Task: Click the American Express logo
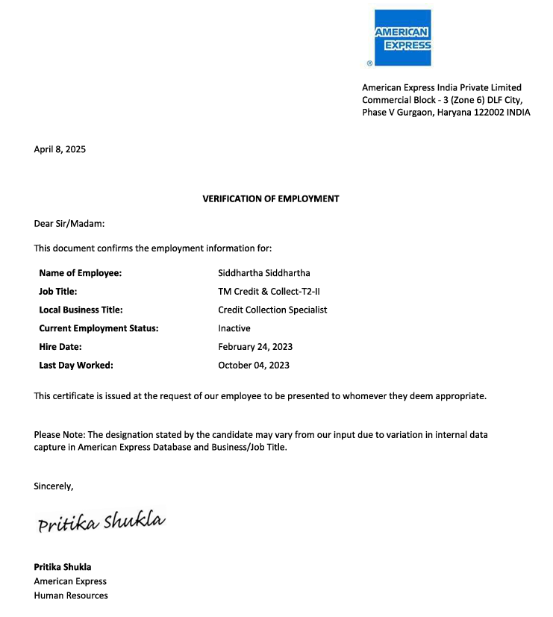[402, 38]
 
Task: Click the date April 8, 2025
[60, 149]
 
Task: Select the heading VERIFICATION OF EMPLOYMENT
[271, 199]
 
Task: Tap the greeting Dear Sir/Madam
[69, 223]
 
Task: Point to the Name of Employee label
[80, 273]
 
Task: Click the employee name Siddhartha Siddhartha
[263, 273]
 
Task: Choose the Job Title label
[58, 292]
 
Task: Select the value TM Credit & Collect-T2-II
[269, 292]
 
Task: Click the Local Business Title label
[81, 310]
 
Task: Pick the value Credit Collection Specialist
[272, 310]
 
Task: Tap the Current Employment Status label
[99, 328]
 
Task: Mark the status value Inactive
[234, 328]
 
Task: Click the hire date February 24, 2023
[255, 347]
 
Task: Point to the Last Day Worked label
[76, 366]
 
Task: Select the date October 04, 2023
[254, 366]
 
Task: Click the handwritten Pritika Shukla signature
[101, 522]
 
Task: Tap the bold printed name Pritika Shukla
[63, 567]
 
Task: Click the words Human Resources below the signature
[71, 595]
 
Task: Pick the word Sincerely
[54, 486]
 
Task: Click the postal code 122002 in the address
[489, 113]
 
